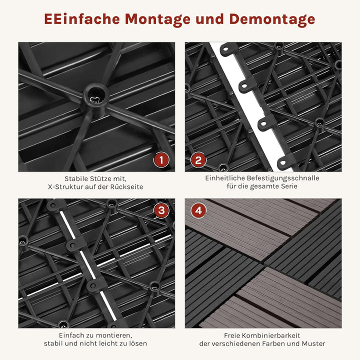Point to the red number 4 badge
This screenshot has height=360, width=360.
198,210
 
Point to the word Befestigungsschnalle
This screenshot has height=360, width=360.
285,178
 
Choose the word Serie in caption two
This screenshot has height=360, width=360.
293,186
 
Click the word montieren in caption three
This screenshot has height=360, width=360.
113,335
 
